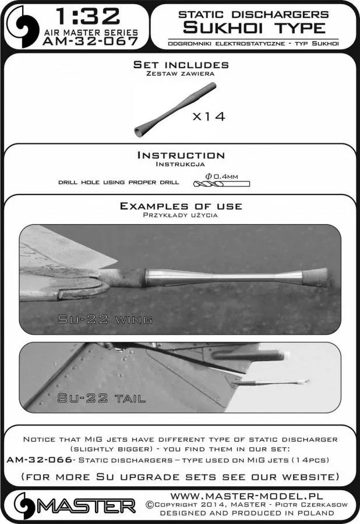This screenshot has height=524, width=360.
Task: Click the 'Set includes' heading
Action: click(181, 65)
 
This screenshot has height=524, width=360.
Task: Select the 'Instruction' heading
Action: click(181, 155)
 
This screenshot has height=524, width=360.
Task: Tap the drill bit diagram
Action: click(221, 183)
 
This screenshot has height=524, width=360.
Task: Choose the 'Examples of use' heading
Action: click(181, 206)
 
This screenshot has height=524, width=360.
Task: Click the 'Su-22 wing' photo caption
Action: click(105, 320)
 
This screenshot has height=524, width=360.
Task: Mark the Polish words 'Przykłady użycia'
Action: click(181, 215)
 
